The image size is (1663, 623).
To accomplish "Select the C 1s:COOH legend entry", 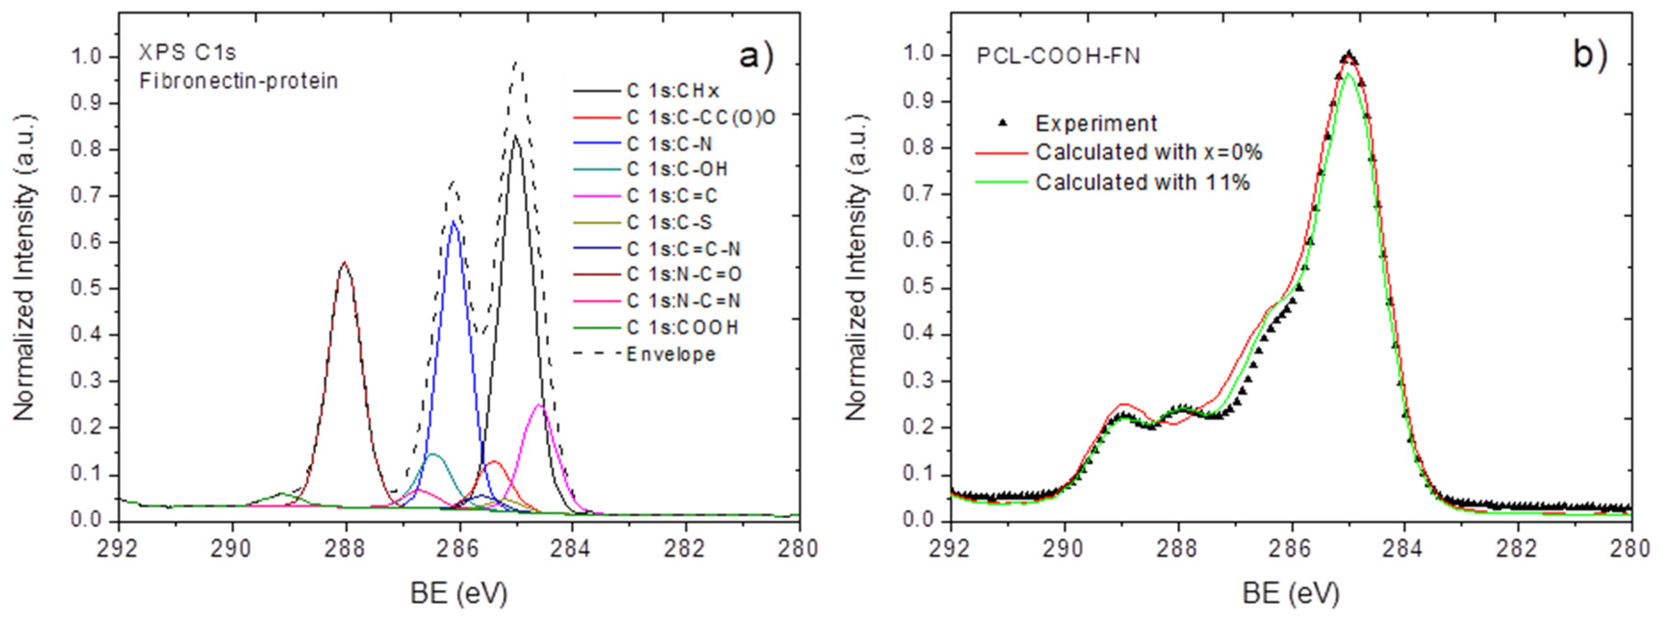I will [x=682, y=327].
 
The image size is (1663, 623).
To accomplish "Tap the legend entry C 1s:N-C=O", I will [x=683, y=274].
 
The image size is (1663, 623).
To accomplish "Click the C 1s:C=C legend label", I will [x=671, y=196].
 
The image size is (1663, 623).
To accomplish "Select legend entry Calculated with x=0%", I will [x=1149, y=152].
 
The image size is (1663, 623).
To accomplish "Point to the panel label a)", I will [x=756, y=56].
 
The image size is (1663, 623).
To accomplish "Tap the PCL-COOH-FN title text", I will [x=1058, y=56].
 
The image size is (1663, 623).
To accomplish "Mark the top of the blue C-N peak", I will [x=454, y=221].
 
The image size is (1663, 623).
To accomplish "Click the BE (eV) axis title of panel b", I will [x=1290, y=593].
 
